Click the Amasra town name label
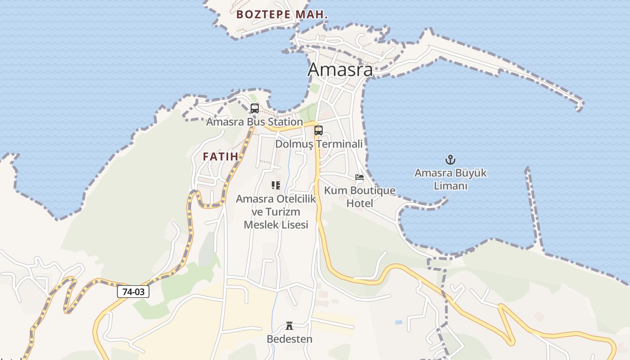(x=340, y=70)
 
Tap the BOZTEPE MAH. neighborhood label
(x=282, y=14)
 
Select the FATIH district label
(x=220, y=157)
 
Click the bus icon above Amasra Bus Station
(x=254, y=108)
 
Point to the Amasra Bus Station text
(x=254, y=122)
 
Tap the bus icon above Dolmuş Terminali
(x=319, y=130)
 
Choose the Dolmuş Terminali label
(x=319, y=144)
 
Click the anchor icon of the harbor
(x=450, y=160)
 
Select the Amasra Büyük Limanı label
(x=450, y=179)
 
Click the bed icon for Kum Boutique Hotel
(x=359, y=177)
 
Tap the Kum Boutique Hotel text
(x=360, y=197)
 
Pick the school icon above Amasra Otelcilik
(x=276, y=185)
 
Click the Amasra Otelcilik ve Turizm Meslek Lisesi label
(x=276, y=211)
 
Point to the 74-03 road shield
(x=133, y=292)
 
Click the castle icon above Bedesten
(x=289, y=326)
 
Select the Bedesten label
(x=289, y=339)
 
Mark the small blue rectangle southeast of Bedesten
(x=399, y=322)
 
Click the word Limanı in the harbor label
(x=450, y=186)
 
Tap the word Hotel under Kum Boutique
(x=360, y=203)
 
